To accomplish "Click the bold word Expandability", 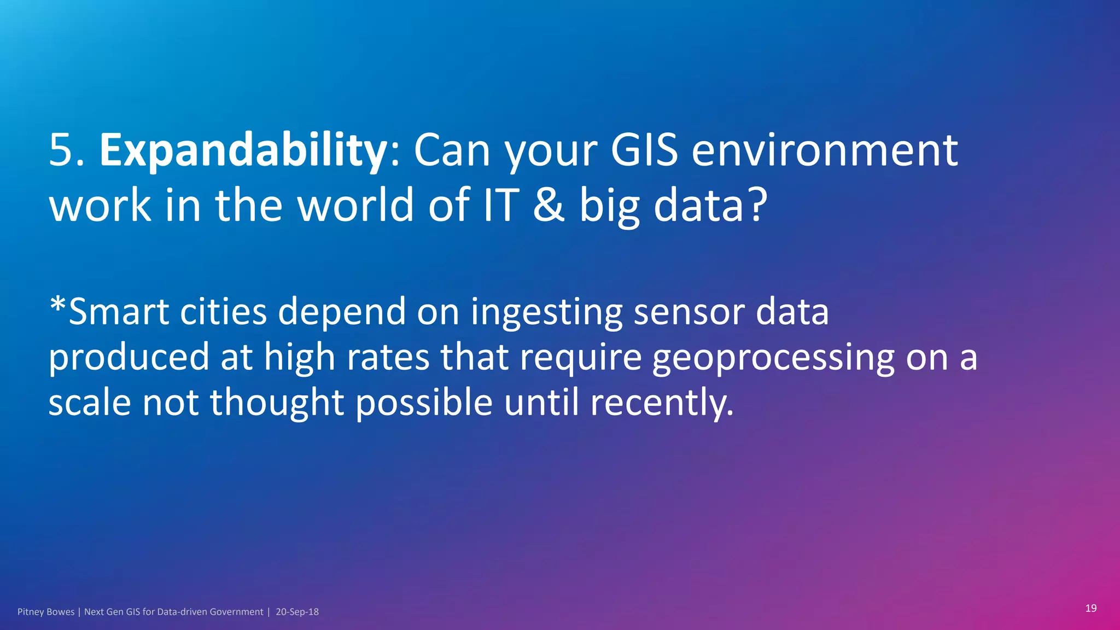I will coord(243,151).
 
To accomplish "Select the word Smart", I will coord(119,312).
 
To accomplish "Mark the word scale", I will coord(90,402).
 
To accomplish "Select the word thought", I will coord(277,404).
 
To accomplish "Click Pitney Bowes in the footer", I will coord(46,612).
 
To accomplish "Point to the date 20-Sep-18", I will coord(297,612).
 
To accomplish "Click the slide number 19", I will coord(1090,608).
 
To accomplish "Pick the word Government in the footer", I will coord(236,612).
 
